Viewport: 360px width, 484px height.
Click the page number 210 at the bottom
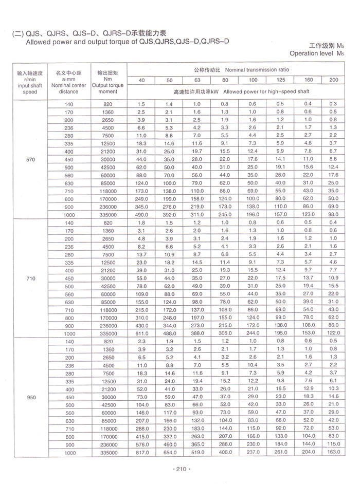point(180,468)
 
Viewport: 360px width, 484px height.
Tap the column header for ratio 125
point(280,80)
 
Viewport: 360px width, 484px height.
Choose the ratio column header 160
point(308,80)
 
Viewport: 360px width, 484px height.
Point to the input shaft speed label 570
point(30,160)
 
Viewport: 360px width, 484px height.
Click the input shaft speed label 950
point(30,397)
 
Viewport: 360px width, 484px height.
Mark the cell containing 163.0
point(333,453)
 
